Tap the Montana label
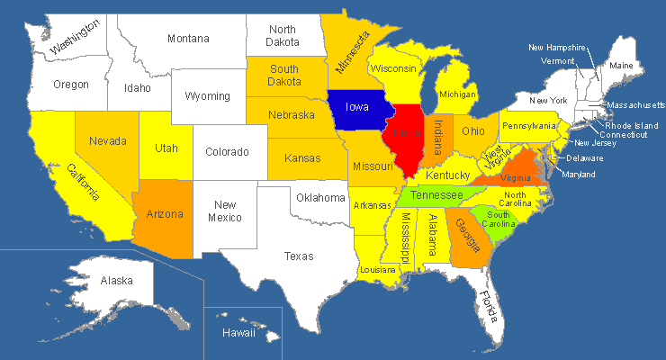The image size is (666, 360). [188, 39]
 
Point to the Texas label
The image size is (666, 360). [299, 256]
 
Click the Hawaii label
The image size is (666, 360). [238, 333]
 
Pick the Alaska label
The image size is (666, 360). [116, 281]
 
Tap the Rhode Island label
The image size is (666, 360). [630, 125]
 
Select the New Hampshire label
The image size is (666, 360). [557, 48]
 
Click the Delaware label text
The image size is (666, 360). [585, 158]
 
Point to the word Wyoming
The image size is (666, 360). [207, 96]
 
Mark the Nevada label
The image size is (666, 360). [107, 140]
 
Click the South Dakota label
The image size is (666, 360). [284, 76]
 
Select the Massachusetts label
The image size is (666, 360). [634, 105]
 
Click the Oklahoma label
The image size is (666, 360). [321, 197]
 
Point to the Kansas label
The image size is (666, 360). [301, 158]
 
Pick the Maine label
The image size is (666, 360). [621, 66]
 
